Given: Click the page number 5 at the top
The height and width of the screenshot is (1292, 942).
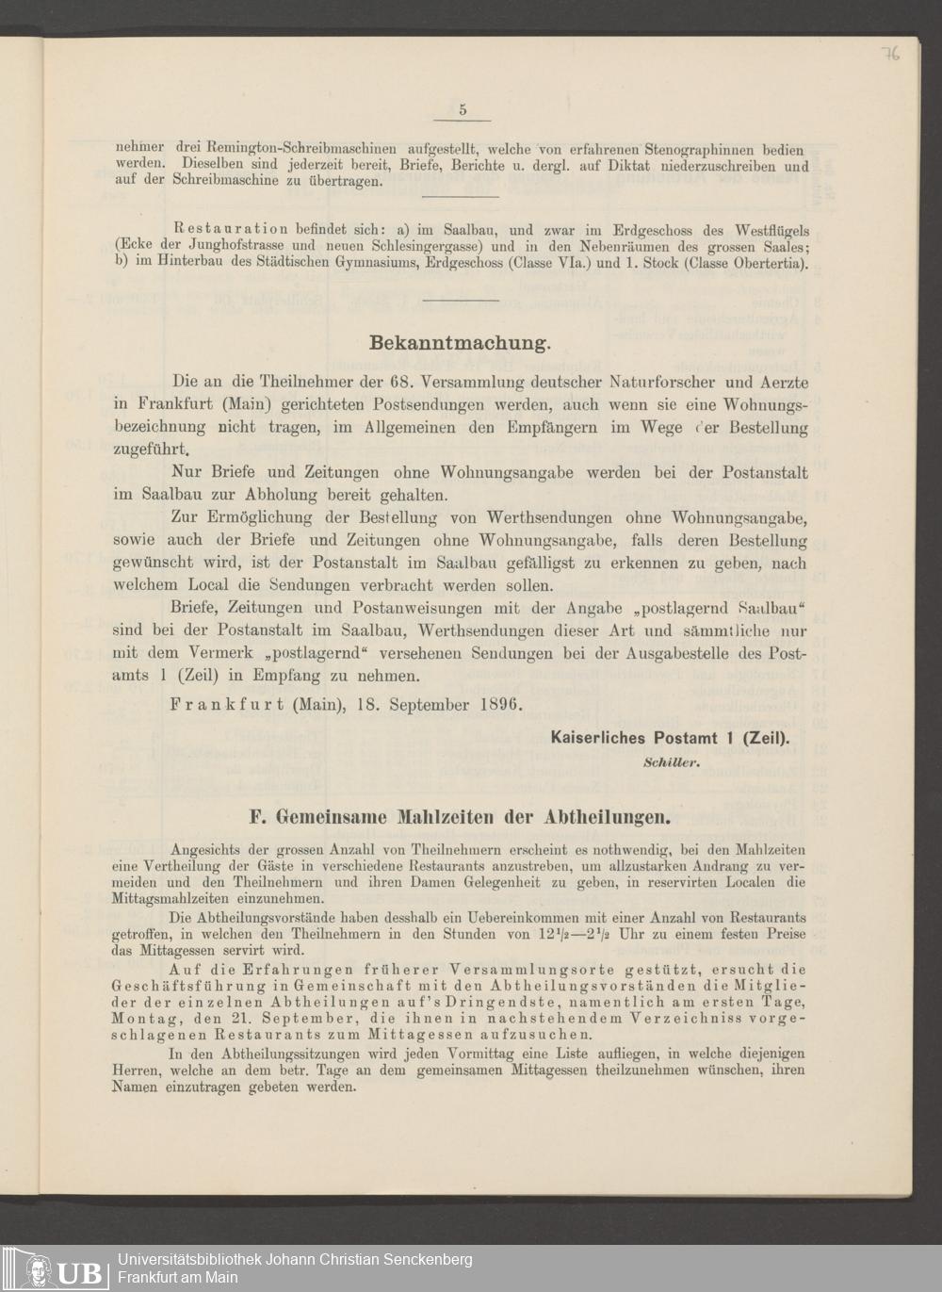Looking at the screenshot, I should tap(463, 109).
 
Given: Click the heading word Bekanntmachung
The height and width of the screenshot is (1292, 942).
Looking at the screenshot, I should tap(460, 343).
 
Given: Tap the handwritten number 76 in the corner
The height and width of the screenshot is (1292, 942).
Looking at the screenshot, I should tap(890, 54).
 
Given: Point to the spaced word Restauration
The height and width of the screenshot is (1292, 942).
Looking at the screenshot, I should tap(231, 229).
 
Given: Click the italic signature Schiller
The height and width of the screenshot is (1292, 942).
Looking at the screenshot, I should tap(671, 762).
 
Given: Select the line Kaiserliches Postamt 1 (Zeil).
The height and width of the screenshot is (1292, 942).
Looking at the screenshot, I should tap(670, 740).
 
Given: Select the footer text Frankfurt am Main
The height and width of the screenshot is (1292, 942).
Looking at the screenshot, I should tap(177, 1278).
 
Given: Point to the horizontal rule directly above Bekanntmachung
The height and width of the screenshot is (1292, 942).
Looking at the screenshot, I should tap(461, 301).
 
